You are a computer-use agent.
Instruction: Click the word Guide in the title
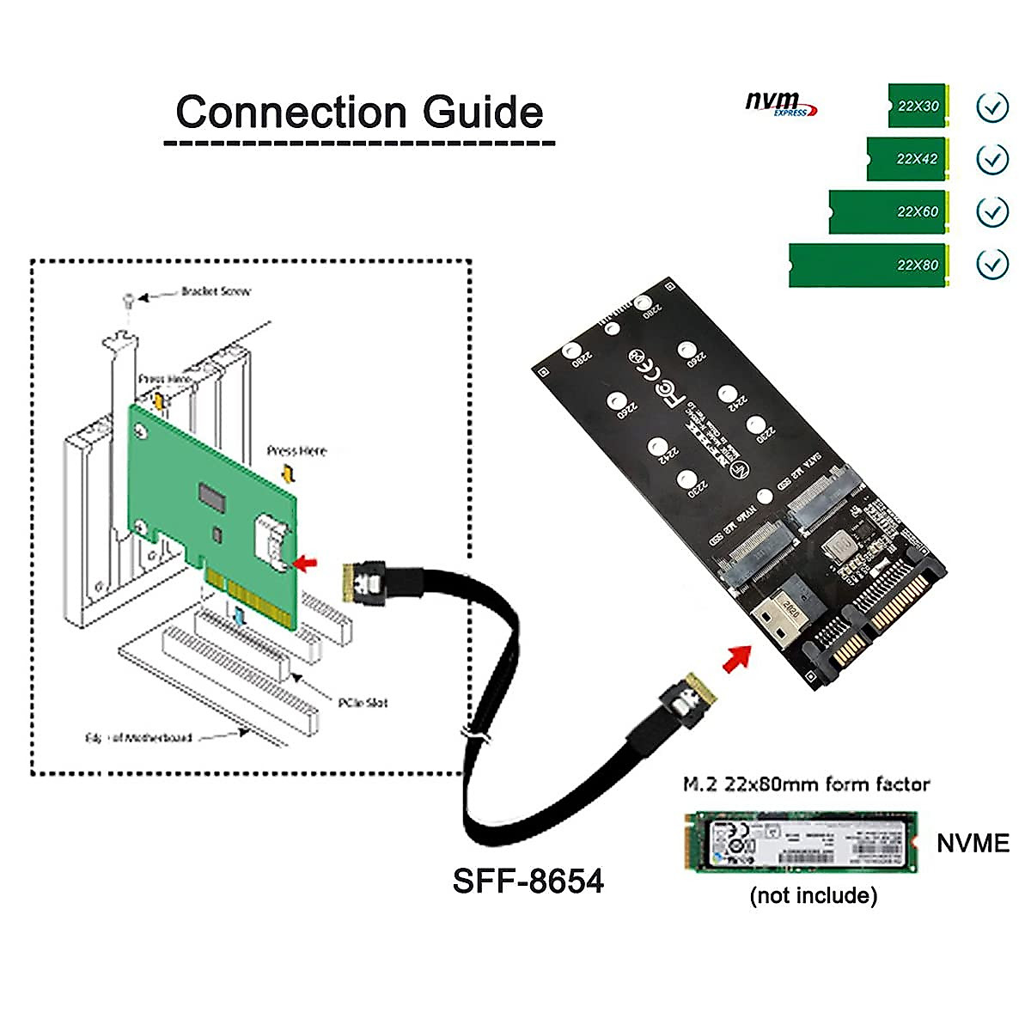482,113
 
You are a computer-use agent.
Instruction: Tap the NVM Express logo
780,104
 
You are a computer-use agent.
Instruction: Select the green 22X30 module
917,106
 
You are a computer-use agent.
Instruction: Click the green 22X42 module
906,159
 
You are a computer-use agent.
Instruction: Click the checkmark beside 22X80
992,264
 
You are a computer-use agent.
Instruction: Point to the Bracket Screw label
216,291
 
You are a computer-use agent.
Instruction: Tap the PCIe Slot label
362,703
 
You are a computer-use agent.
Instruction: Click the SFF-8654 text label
528,881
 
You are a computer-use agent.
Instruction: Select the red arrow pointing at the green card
304,563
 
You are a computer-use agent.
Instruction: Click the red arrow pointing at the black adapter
735,657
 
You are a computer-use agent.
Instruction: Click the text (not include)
813,896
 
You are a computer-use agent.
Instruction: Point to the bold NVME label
973,843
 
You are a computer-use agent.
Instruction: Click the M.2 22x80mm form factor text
806,784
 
